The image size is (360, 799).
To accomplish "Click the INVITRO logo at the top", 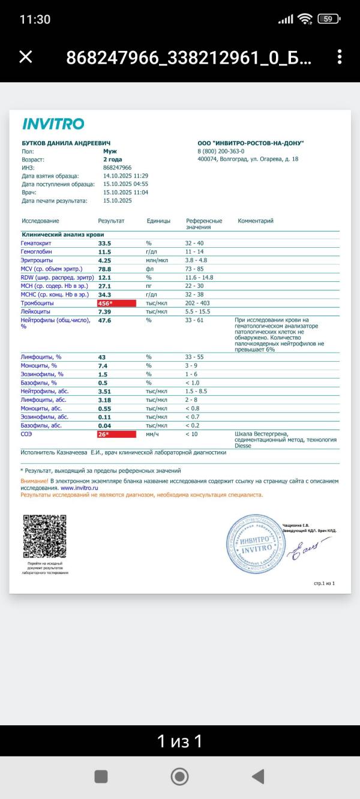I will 53,124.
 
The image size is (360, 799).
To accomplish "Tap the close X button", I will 26,57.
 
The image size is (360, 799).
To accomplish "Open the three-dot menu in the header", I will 340,57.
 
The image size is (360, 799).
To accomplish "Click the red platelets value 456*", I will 116,304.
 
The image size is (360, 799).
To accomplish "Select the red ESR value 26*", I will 116,434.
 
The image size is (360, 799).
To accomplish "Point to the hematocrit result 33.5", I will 106,244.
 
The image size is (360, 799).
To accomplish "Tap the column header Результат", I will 111,221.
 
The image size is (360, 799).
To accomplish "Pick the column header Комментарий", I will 256,221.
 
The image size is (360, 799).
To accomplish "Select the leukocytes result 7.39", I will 106,312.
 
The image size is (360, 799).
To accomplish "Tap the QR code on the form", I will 44,536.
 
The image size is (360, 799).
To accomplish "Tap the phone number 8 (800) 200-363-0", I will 225,151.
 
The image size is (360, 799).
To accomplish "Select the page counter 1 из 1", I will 179,741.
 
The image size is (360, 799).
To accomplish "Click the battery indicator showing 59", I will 328,19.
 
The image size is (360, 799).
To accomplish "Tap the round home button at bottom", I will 179,776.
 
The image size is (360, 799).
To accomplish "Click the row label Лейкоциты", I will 37,312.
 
